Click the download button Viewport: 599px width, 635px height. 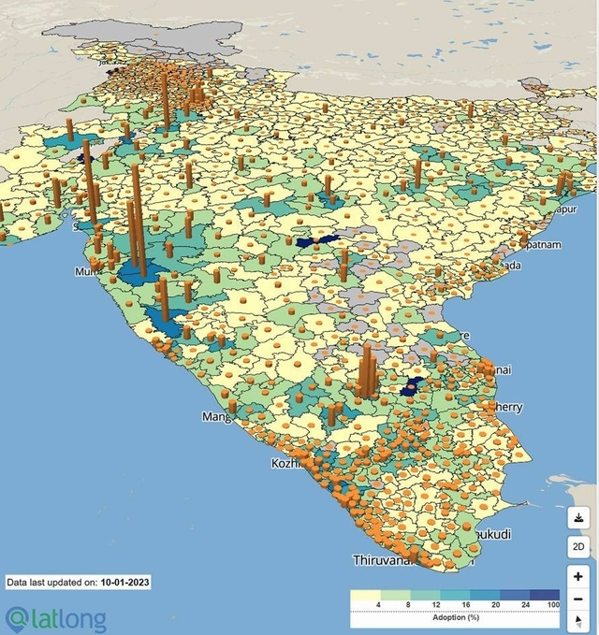(578, 517)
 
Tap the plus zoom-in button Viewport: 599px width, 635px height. (578, 577)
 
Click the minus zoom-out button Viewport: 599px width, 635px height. (578, 599)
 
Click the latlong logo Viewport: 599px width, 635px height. (56, 618)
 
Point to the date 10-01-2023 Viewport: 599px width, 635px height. (125, 582)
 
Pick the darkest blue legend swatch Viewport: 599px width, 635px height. (545, 595)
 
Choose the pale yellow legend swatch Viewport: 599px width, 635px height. (365, 595)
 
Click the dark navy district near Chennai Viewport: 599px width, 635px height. (409, 387)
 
